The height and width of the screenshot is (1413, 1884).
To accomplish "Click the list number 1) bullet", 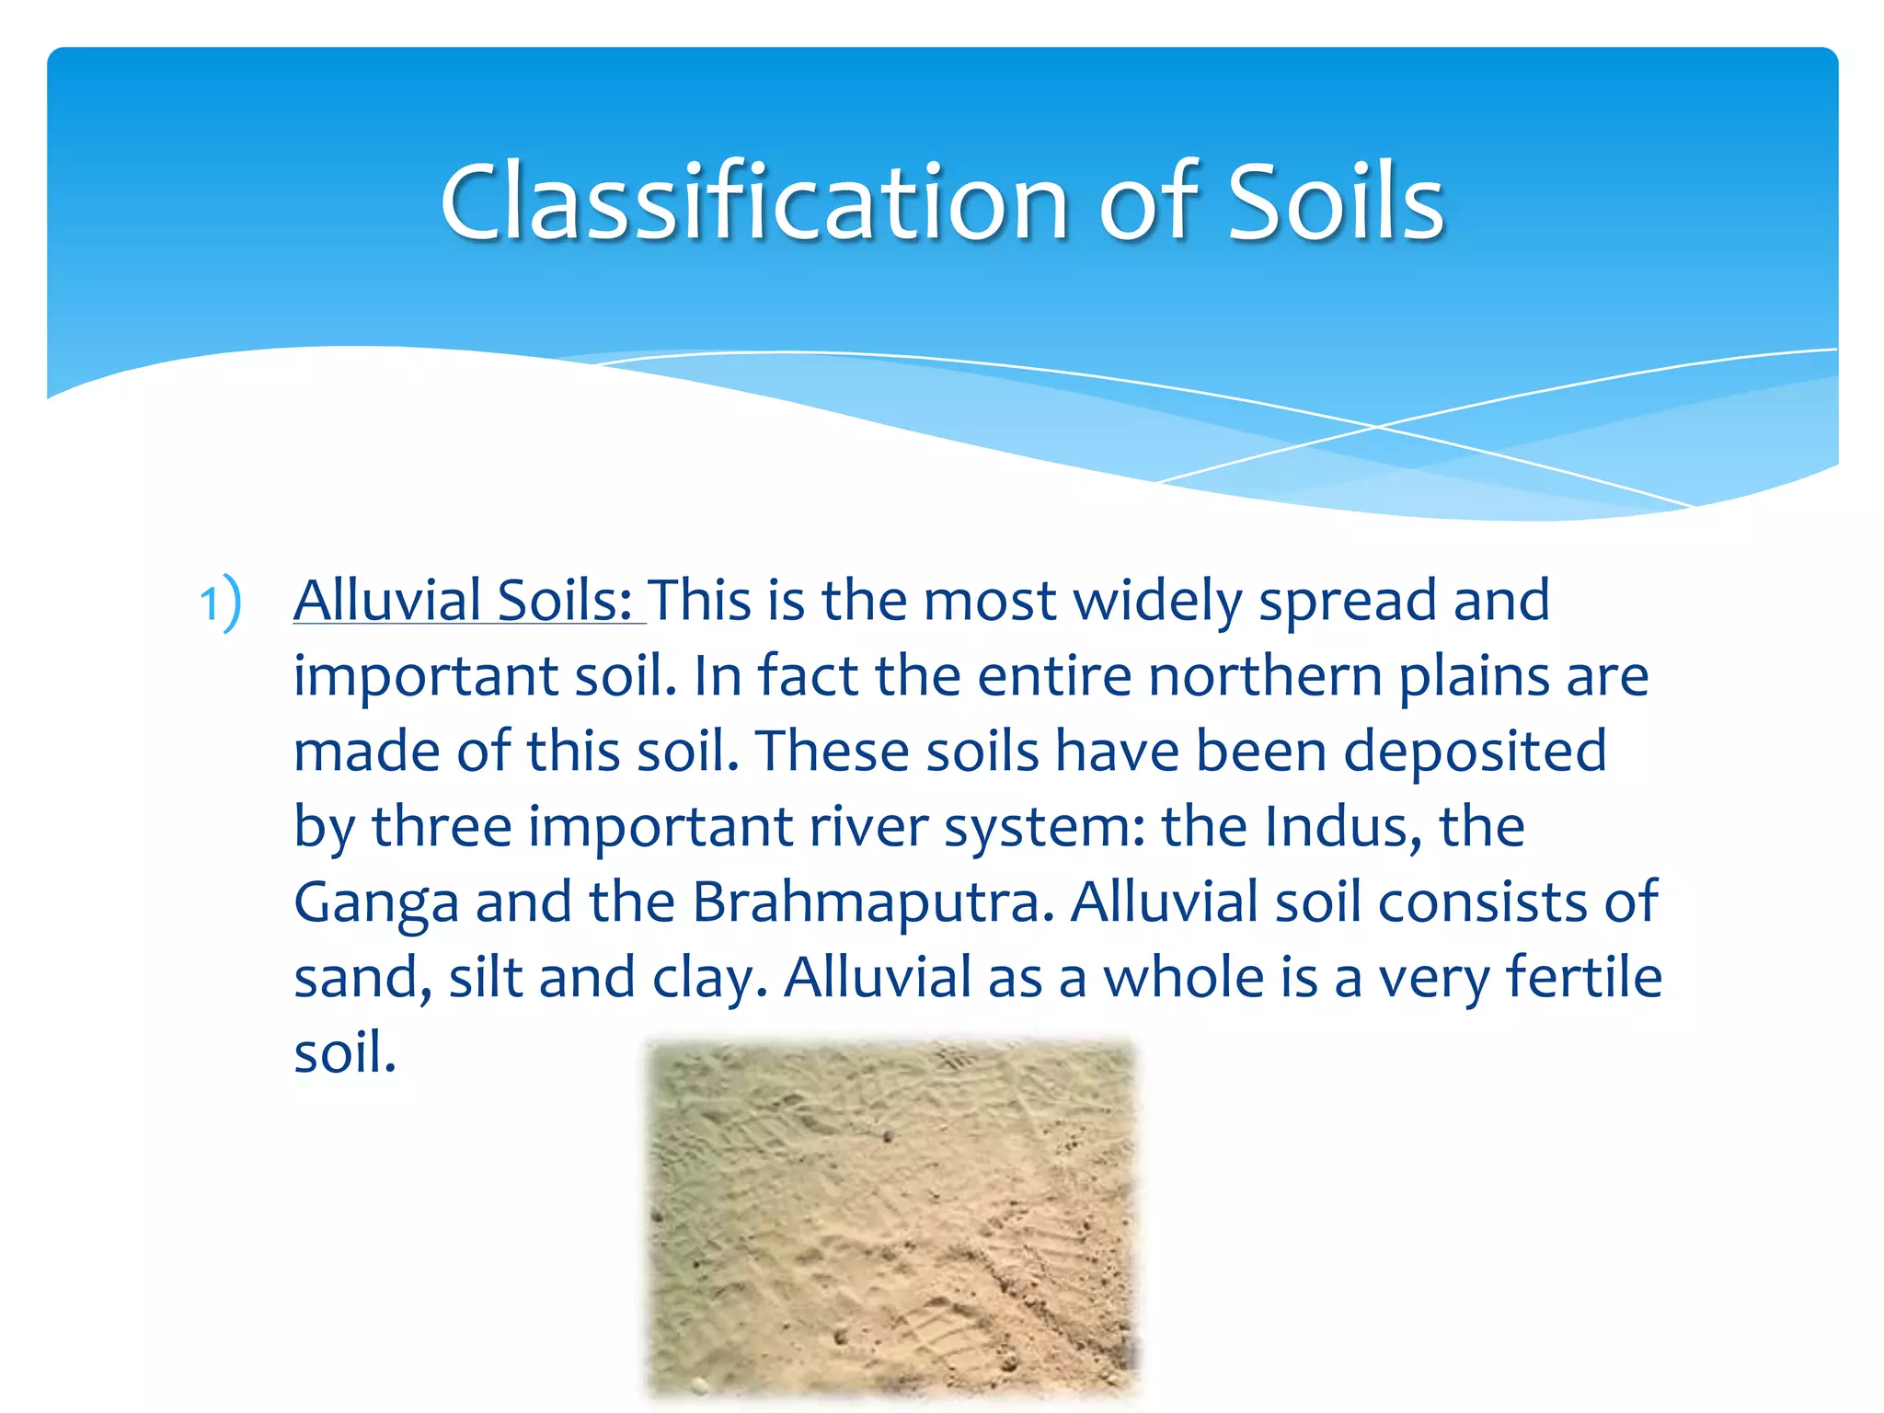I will tap(221, 603).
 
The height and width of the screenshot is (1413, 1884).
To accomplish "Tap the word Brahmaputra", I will tap(872, 902).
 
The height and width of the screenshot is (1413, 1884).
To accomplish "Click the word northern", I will tap(1266, 676).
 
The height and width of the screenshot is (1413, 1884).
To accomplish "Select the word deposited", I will tap(1475, 752).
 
